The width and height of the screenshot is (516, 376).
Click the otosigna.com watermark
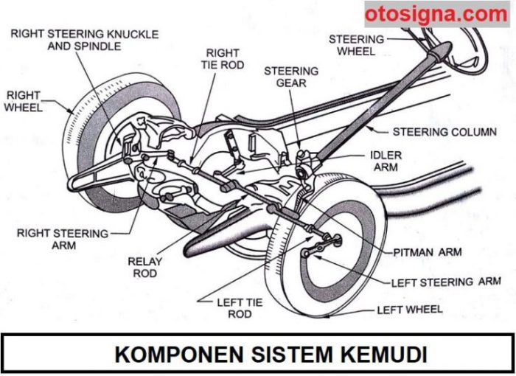pyautogui.click(x=436, y=14)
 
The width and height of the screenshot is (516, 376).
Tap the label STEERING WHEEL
pyautogui.click(x=356, y=45)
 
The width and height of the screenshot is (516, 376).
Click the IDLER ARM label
pyautogui.click(x=386, y=161)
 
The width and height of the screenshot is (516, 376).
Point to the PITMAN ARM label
pyautogui.click(x=428, y=252)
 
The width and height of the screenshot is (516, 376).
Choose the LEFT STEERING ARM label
pyautogui.click(x=445, y=282)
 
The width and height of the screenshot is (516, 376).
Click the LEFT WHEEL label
pyautogui.click(x=410, y=309)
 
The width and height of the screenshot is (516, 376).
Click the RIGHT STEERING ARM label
pyautogui.click(x=62, y=239)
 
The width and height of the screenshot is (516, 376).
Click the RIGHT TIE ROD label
pyautogui.click(x=222, y=59)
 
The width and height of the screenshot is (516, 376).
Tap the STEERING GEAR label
pyautogui.click(x=291, y=77)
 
